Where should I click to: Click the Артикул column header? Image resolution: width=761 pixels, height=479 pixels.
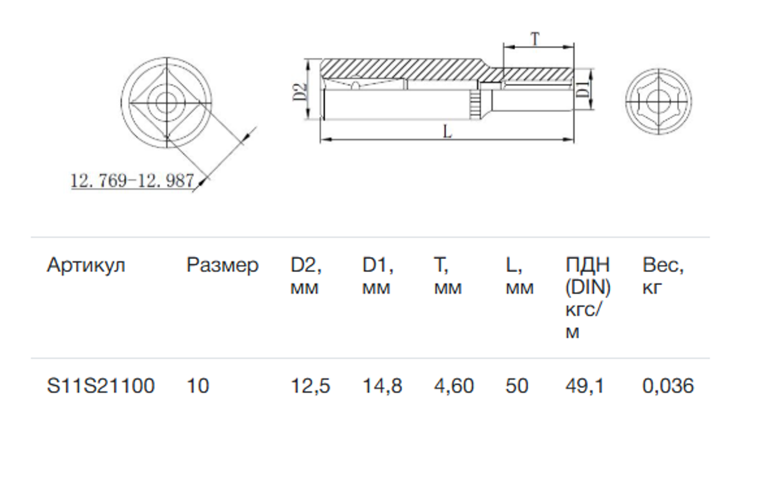point(86,266)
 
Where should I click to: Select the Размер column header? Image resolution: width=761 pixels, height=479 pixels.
point(222,266)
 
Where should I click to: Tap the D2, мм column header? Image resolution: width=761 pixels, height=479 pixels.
point(306,277)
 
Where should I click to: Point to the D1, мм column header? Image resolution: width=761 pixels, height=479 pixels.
point(378,277)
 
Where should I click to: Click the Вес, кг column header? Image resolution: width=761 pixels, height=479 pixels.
point(663,277)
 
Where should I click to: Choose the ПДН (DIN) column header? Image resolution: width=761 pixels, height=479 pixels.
point(588,297)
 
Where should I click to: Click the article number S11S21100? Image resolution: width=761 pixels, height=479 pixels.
point(101,386)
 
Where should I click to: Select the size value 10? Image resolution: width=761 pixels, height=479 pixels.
point(197,386)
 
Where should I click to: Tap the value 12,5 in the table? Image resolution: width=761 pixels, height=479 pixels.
point(310,386)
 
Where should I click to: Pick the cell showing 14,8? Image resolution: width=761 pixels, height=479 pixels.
point(383,386)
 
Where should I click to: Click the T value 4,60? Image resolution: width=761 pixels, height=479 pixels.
point(454,386)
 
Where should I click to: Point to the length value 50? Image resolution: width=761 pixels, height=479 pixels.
point(517,386)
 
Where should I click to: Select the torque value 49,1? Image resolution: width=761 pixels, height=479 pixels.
point(585,386)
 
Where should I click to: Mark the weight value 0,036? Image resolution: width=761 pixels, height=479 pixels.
point(668,386)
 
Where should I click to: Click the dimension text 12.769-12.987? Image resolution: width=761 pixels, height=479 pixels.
point(132,180)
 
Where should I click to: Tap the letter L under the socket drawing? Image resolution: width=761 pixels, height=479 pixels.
point(448,132)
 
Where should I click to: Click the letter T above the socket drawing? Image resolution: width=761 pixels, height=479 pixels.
point(535,39)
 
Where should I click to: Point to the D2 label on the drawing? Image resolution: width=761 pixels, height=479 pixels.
point(300,92)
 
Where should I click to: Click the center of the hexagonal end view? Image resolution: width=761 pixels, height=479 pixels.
point(659,101)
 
